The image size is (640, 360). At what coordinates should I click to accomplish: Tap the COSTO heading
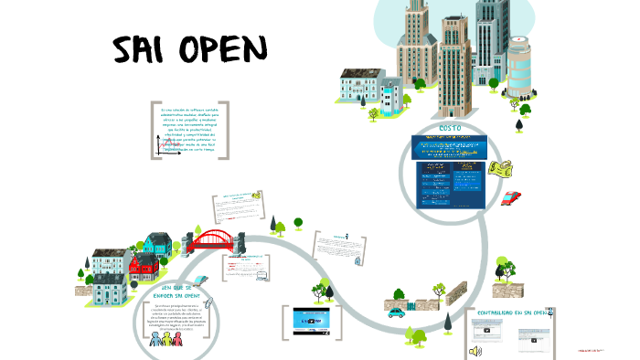(451, 127)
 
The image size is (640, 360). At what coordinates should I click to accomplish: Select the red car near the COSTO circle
(512, 197)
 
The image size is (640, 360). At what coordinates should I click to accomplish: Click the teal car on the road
(396, 312)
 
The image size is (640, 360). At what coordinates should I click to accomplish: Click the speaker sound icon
(475, 350)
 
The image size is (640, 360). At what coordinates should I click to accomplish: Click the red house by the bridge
(143, 266)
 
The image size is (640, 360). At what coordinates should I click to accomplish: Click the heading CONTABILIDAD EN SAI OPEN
(511, 312)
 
